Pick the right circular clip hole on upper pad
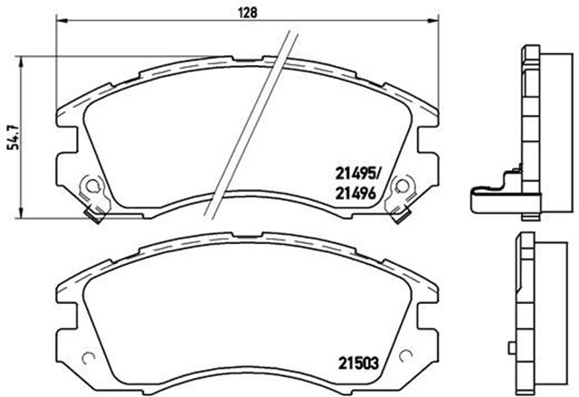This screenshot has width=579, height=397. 403,190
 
